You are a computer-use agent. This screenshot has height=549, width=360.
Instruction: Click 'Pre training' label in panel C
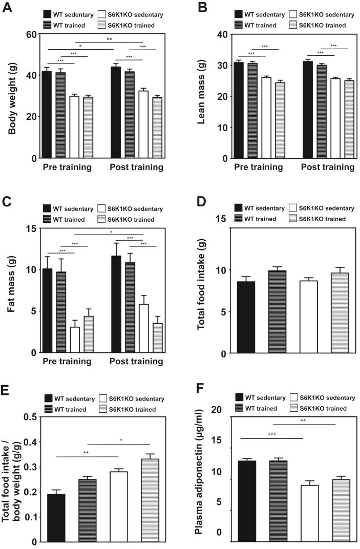[x=66, y=362]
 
